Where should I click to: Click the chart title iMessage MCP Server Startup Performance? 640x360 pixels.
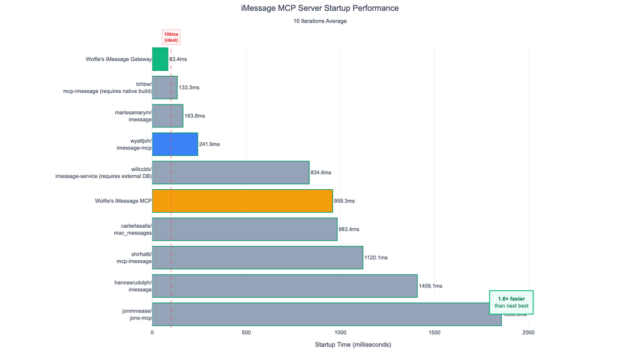pyautogui.click(x=319, y=9)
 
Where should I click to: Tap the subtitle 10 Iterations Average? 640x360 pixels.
pyautogui.click(x=319, y=21)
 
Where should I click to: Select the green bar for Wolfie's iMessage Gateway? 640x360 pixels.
pyautogui.click(x=160, y=59)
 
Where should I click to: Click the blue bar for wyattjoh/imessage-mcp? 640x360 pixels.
pyautogui.click(x=175, y=144)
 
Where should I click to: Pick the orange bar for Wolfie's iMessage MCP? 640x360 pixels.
pyautogui.click(x=242, y=201)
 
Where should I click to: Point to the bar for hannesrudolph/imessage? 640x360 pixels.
pyautogui.click(x=284, y=286)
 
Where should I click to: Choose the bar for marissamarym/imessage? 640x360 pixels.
pyautogui.click(x=167, y=116)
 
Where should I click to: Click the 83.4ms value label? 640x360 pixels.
pyautogui.click(x=178, y=59)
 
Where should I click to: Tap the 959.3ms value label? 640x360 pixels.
pyautogui.click(x=344, y=201)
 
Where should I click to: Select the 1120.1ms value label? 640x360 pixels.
pyautogui.click(x=376, y=258)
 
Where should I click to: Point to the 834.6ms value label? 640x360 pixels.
pyautogui.click(x=321, y=173)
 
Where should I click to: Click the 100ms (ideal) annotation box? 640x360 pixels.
pyautogui.click(x=171, y=37)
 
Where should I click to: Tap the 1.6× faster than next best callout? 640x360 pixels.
pyautogui.click(x=511, y=302)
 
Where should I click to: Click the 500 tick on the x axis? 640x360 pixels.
pyautogui.click(x=246, y=333)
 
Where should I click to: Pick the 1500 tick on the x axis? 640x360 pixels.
pyautogui.click(x=434, y=333)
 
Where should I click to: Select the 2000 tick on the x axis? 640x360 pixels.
pyautogui.click(x=528, y=333)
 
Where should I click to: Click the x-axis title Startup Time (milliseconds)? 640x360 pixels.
pyautogui.click(x=353, y=345)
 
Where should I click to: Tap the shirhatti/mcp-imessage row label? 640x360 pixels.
pyautogui.click(x=134, y=258)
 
